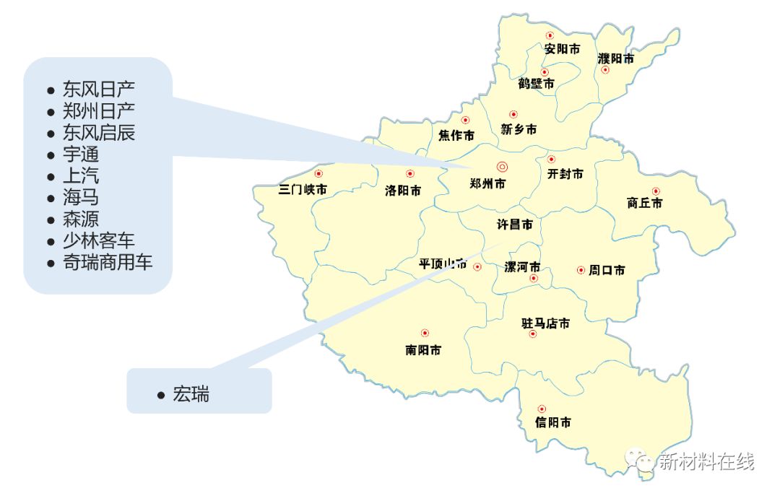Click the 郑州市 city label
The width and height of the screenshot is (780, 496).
tap(487, 184)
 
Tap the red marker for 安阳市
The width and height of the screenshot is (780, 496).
tap(550, 35)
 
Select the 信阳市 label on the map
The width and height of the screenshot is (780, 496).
tap(553, 422)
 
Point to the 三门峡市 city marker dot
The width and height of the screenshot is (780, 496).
tap(318, 174)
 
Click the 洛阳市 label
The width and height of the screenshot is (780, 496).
tap(403, 191)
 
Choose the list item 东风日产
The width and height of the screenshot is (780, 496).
tap(99, 90)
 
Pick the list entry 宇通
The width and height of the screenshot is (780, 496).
tap(81, 155)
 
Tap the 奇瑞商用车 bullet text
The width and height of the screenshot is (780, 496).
tap(108, 262)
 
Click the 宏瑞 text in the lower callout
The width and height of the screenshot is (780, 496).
tap(191, 395)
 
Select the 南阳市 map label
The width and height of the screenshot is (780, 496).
tap(423, 350)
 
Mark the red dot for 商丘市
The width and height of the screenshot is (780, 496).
tap(656, 191)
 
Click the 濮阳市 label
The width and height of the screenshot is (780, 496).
tap(616, 58)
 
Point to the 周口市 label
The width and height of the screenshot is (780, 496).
tap(607, 270)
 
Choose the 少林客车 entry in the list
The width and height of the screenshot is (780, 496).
tap(99, 240)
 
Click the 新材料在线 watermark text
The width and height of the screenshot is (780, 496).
tap(706, 461)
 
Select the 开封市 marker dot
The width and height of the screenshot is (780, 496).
tap(551, 160)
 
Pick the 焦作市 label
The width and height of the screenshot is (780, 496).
tap(456, 135)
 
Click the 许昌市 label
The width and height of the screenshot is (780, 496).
tap(514, 225)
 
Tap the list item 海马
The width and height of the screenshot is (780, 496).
tap(81, 198)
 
